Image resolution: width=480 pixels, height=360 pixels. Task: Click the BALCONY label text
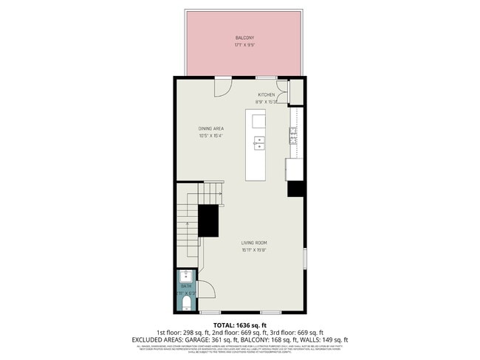(x=245, y=37)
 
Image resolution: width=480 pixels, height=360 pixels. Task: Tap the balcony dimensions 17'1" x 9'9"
(x=245, y=44)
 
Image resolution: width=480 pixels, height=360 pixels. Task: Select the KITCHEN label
(x=266, y=94)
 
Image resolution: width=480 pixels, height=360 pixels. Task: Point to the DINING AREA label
(x=210, y=128)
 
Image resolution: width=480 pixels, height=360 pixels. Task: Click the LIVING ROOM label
(x=253, y=243)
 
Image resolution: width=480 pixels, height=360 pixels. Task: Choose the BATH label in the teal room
(x=185, y=285)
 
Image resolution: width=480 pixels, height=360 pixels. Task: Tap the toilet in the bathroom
(x=186, y=302)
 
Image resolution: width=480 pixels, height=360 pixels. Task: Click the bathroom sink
(x=185, y=277)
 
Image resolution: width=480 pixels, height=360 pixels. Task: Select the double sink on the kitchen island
(x=259, y=142)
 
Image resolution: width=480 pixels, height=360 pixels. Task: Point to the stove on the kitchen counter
(x=293, y=134)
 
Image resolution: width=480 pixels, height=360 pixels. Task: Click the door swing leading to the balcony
(x=222, y=87)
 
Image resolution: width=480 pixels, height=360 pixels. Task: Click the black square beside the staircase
(x=209, y=221)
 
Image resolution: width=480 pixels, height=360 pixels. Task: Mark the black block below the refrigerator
(x=295, y=189)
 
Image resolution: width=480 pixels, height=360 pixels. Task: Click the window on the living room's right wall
(x=304, y=258)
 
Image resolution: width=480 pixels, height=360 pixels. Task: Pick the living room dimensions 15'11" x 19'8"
(x=253, y=250)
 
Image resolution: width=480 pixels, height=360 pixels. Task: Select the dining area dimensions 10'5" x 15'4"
(x=210, y=136)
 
